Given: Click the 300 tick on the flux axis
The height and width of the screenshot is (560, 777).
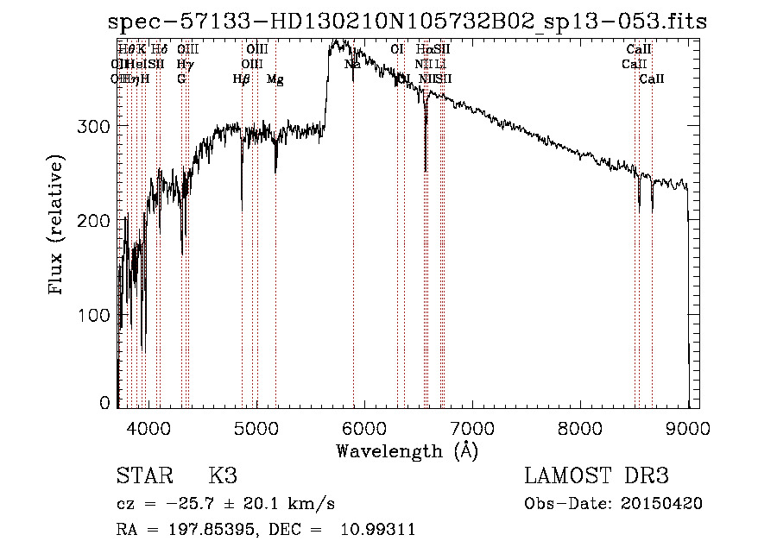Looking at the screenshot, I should [x=97, y=127].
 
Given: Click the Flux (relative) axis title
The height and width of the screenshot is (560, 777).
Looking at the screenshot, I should [x=58, y=226].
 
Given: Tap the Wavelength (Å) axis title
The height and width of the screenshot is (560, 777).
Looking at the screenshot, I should [x=407, y=450].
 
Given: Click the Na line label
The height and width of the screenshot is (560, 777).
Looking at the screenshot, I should [x=352, y=65].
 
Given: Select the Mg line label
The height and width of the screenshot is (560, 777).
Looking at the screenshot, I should [x=275, y=79].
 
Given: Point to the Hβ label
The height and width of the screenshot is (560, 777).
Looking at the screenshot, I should [x=241, y=79].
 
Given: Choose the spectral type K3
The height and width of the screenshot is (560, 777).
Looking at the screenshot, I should [x=222, y=476].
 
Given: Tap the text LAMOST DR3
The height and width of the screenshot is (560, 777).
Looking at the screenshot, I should [x=597, y=476].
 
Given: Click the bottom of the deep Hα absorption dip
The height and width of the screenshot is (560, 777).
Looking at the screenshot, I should [x=425, y=170].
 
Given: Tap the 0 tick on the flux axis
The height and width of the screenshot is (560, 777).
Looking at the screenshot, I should [x=105, y=403].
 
